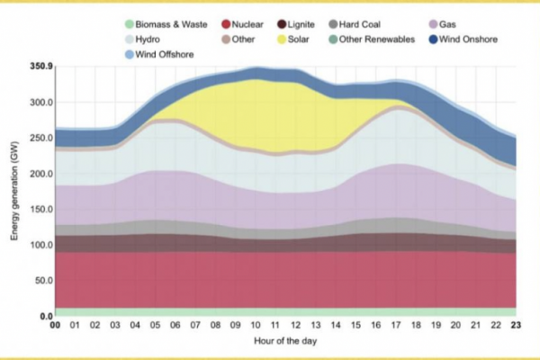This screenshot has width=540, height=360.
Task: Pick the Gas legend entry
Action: (x=460, y=24)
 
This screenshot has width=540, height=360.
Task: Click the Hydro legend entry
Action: (x=148, y=40)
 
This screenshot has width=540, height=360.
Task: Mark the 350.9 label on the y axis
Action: (x=40, y=67)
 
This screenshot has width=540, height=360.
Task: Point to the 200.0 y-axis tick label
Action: (x=40, y=174)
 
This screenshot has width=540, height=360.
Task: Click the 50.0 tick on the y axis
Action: (x=42, y=281)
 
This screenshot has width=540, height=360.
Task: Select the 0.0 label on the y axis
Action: (x=45, y=317)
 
